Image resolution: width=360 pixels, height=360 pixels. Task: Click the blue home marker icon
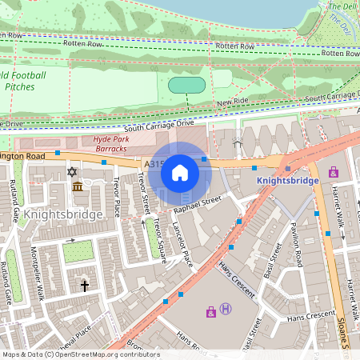(180, 172)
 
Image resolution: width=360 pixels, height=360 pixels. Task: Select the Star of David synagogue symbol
(72, 172)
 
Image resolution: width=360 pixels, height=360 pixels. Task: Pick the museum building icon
(78, 187)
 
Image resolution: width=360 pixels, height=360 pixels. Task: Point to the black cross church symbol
(84, 285)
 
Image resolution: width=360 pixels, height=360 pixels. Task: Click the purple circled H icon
(226, 310)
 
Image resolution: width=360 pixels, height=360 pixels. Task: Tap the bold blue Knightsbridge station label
(287, 181)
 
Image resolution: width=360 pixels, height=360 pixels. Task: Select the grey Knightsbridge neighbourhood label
(63, 214)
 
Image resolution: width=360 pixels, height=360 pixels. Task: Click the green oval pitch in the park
(188, 85)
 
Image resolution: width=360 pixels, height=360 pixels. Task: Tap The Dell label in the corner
(344, 6)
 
